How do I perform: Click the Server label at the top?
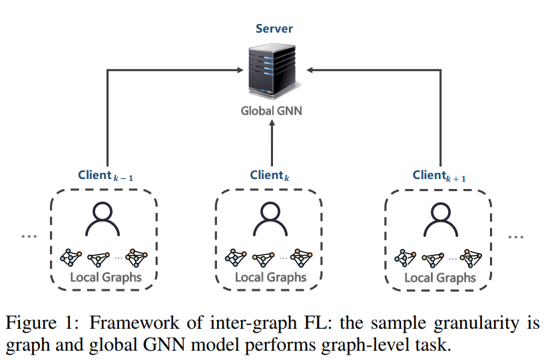274,29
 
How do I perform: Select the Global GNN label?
271,110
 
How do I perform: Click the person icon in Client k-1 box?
105,219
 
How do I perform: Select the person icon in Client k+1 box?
439,219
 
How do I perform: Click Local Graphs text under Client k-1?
106,277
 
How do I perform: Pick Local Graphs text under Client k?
270,277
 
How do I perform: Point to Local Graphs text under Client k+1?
439,277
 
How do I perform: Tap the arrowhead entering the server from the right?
311,69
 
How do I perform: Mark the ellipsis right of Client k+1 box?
516,236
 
